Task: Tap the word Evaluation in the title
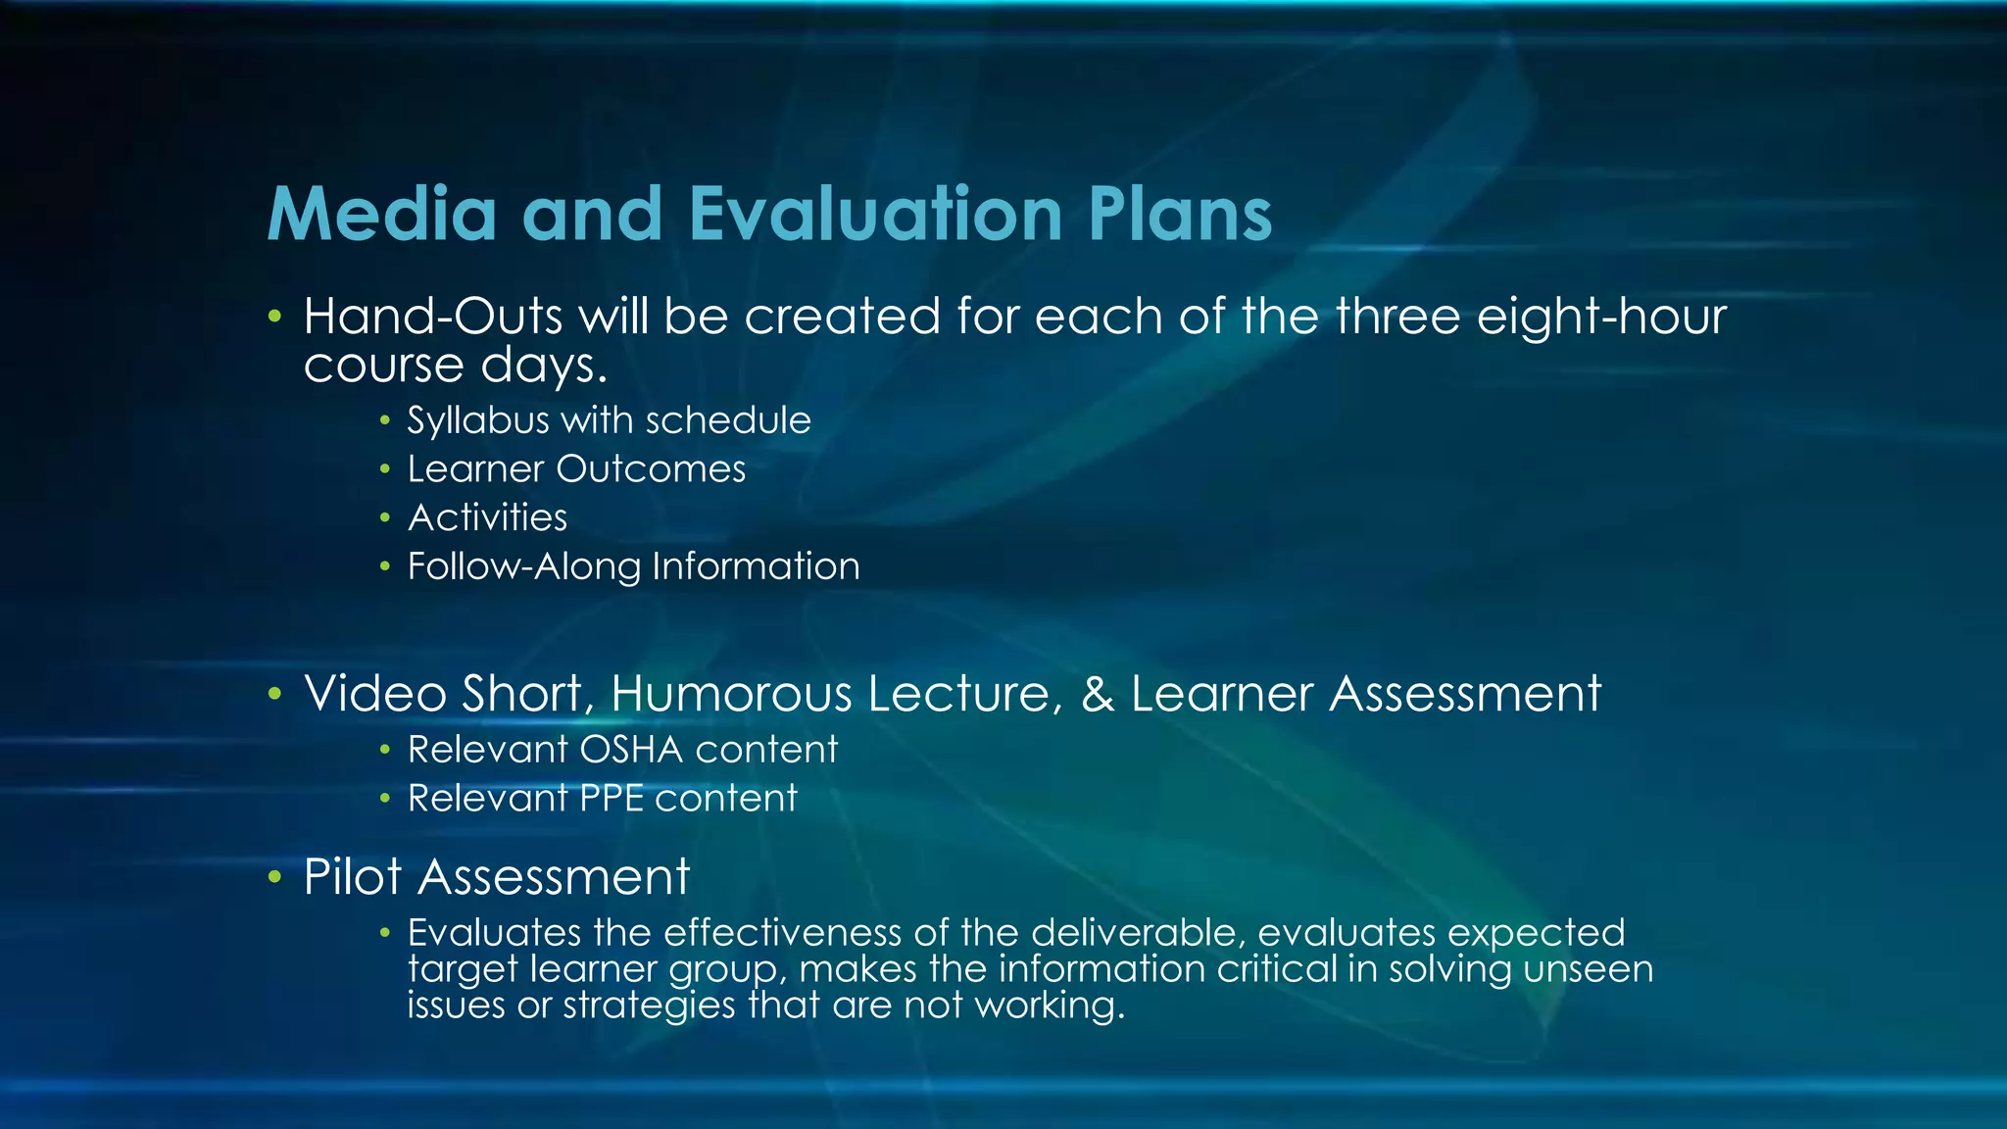pos(876,214)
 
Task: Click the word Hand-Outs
pos(433,317)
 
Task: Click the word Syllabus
pos(478,421)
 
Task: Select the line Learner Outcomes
pos(576,469)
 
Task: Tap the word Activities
pos(487,517)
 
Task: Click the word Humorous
pos(732,694)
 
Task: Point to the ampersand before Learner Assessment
pos(1098,694)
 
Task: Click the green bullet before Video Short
pos(275,694)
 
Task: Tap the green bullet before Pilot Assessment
pos(275,876)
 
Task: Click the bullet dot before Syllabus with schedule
pos(385,421)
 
